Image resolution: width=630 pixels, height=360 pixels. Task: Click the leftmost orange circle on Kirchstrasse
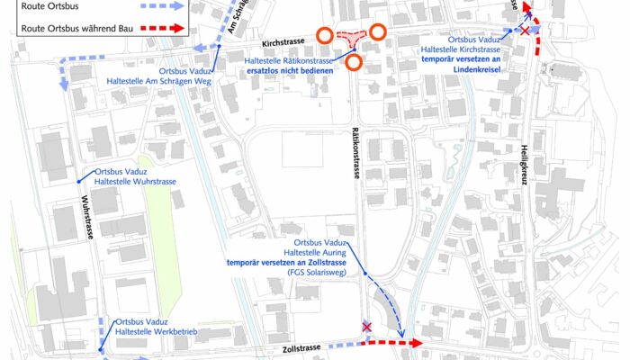coord(324,36)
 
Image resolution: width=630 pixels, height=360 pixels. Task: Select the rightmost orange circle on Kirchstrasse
coord(378,32)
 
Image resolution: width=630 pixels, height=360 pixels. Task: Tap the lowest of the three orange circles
coord(354,62)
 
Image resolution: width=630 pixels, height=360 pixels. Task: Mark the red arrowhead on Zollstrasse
coord(416,343)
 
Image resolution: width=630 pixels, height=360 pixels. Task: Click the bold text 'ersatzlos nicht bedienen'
coord(291,70)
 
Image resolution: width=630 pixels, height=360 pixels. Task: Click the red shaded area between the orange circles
coord(350,38)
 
